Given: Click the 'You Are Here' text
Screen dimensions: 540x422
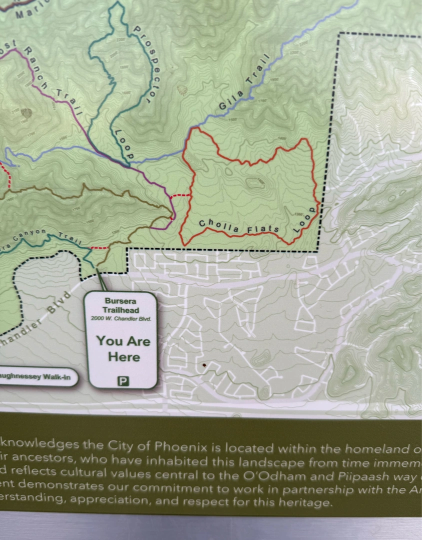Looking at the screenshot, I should coord(123,348).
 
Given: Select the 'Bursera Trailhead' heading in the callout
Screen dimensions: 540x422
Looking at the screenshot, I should coord(120,305).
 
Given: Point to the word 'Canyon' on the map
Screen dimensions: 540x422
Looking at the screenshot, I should coord(31,235).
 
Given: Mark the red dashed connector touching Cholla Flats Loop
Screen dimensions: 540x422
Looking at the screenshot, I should coord(180,195).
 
